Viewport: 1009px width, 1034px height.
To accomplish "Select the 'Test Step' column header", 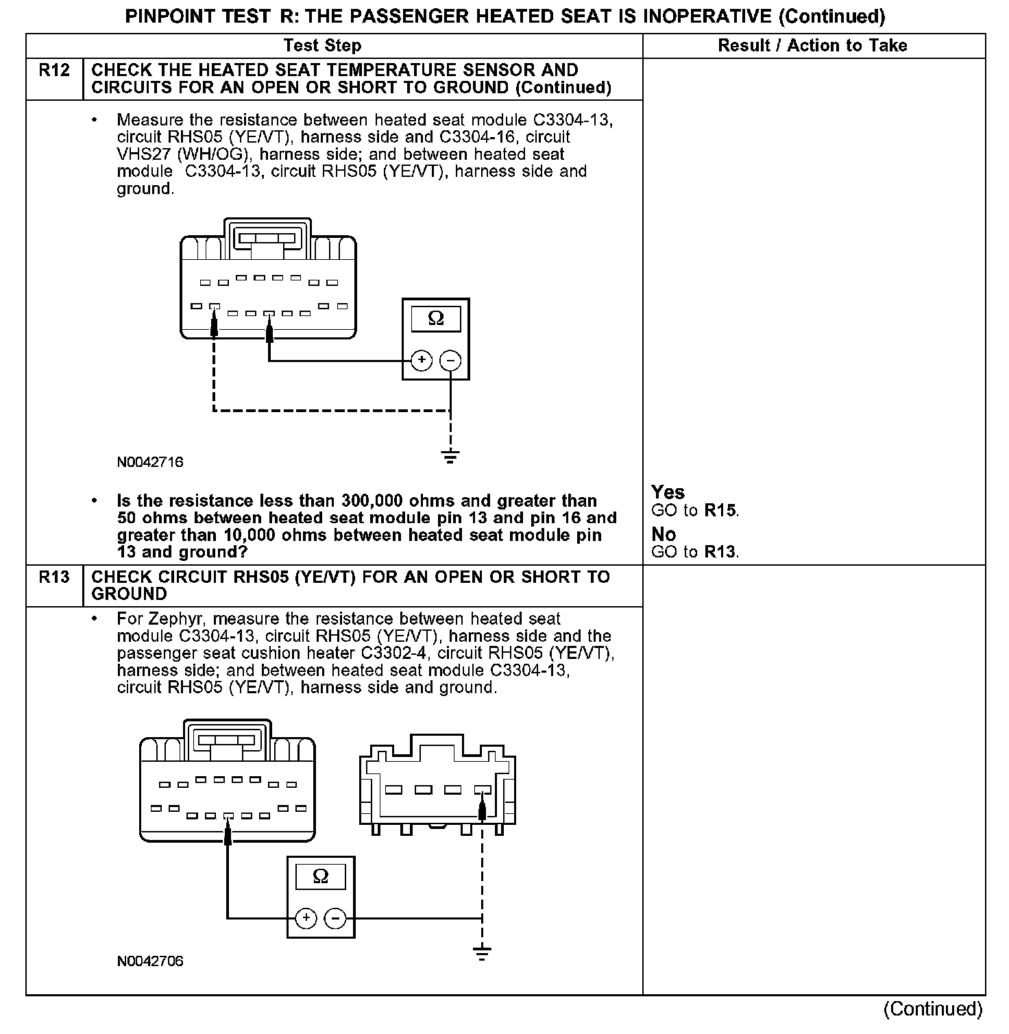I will (x=322, y=46).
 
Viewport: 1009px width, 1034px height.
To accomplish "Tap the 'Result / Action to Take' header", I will (x=812, y=46).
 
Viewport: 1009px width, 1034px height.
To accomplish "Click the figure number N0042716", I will (x=150, y=462).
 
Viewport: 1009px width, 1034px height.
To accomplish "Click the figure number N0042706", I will (x=150, y=961).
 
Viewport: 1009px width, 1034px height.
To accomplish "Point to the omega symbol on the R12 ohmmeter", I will (x=436, y=319).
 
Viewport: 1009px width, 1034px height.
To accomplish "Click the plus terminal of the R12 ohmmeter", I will (x=422, y=360).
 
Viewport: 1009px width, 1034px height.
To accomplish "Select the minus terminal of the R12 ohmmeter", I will (x=450, y=360).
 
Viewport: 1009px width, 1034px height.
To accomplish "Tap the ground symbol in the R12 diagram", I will (x=450, y=457).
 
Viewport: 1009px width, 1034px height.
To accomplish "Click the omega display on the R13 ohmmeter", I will (x=321, y=876).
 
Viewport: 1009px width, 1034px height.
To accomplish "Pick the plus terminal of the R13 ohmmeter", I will (x=306, y=918).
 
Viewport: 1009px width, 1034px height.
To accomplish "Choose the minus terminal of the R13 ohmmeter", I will (x=335, y=918).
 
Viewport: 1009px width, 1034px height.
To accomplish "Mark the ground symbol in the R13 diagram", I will (x=483, y=952).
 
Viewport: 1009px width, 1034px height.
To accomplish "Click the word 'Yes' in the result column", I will (x=668, y=492).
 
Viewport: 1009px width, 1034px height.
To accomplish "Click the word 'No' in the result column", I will (x=664, y=534).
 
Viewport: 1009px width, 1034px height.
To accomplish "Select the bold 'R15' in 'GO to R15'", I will (x=721, y=511).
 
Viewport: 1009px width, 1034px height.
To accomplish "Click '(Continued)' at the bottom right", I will (x=933, y=1009).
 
